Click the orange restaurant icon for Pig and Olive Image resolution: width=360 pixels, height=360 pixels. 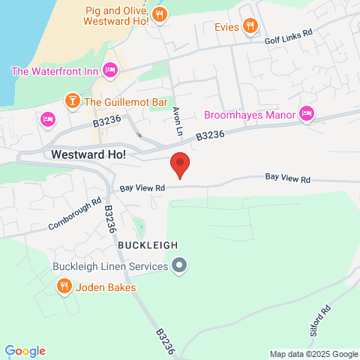[x=159, y=14]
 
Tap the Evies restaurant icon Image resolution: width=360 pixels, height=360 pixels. [x=250, y=27]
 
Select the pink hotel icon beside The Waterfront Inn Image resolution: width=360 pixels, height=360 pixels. [x=110, y=70]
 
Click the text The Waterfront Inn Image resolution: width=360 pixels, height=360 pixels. [x=55, y=71]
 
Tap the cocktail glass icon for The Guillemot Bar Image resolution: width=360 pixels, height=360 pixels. [x=72, y=100]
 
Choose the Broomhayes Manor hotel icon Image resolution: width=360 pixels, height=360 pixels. [x=306, y=114]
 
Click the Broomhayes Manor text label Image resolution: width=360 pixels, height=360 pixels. [x=250, y=115]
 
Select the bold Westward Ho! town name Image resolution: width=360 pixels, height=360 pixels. [x=88, y=154]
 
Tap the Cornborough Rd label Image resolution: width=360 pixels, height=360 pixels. [x=75, y=214]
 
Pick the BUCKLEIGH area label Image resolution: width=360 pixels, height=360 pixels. [x=147, y=244]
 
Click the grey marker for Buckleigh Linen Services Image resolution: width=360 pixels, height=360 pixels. [x=179, y=265]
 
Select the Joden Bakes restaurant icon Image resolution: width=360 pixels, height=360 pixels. [x=64, y=286]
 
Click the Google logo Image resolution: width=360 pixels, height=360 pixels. [x=25, y=351]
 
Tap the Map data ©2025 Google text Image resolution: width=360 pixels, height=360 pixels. [x=314, y=354]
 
